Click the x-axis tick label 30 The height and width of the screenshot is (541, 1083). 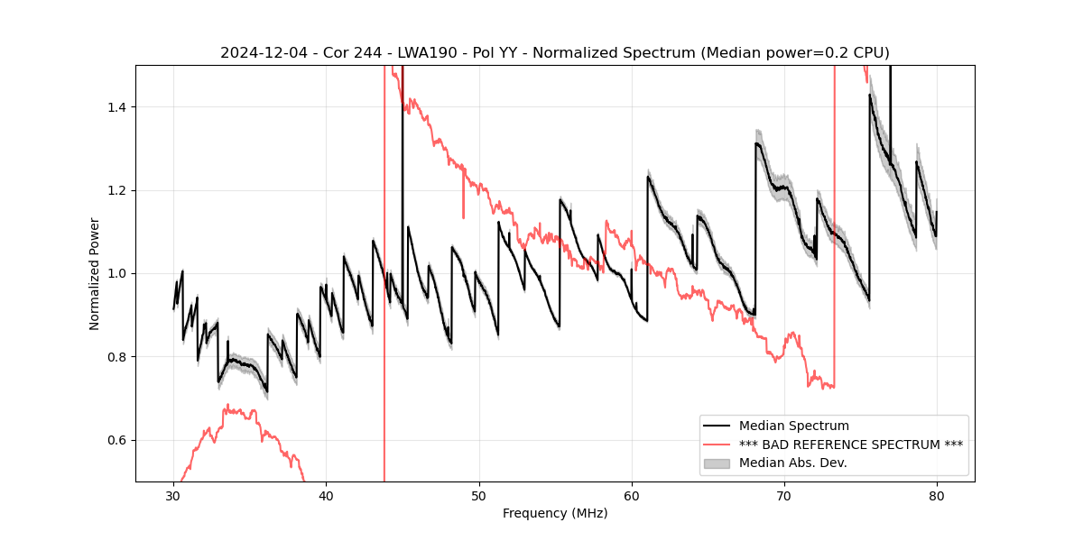click(173, 495)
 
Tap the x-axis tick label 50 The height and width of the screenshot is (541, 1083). click(478, 495)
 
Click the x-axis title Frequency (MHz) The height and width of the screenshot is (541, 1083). click(555, 513)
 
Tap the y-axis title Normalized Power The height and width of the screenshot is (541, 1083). click(94, 273)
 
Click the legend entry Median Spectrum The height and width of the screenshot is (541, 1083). click(793, 426)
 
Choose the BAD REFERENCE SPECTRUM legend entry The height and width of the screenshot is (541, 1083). click(850, 445)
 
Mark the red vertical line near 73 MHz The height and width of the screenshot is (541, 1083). click(834, 225)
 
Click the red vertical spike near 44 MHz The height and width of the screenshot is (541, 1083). click(384, 270)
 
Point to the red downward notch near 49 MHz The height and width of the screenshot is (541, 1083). click(463, 209)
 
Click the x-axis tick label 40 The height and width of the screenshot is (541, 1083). click(326, 495)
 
